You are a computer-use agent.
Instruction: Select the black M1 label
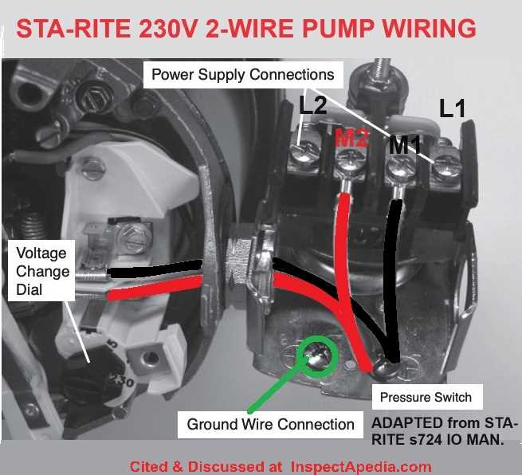click(405, 144)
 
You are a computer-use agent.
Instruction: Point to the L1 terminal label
click(453, 108)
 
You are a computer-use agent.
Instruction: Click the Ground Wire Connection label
click(270, 424)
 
